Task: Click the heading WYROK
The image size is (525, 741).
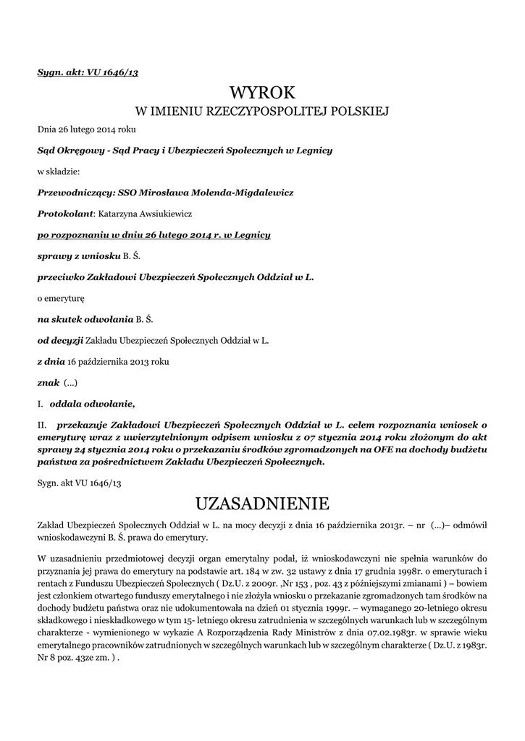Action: (263, 92)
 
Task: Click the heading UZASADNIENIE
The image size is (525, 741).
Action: (262, 503)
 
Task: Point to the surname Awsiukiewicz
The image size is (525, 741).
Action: (152, 213)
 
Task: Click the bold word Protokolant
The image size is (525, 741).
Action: (66, 213)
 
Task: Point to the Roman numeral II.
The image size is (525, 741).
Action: (41, 425)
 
